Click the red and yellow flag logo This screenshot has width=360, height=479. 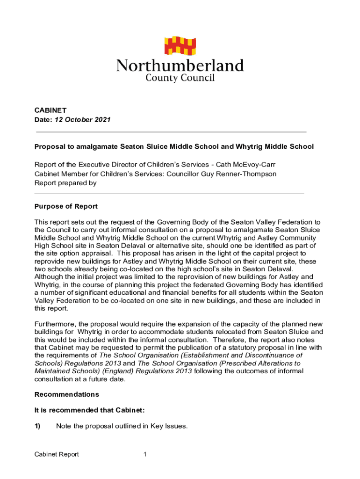180,45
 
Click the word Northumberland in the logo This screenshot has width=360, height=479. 180,66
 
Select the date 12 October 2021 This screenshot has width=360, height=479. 82,120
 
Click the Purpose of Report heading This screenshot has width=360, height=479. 66,207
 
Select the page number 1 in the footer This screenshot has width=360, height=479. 145,454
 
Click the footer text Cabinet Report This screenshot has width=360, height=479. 57,454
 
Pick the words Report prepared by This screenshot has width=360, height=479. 65,183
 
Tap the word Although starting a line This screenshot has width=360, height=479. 50,277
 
